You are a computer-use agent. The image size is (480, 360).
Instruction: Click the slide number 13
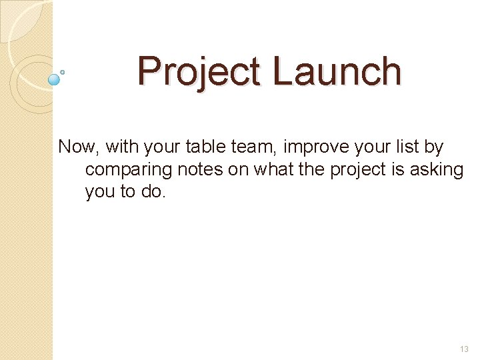[464, 349]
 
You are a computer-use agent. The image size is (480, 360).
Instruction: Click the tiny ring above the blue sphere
[63, 71]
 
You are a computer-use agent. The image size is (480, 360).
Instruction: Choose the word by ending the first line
[434, 147]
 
